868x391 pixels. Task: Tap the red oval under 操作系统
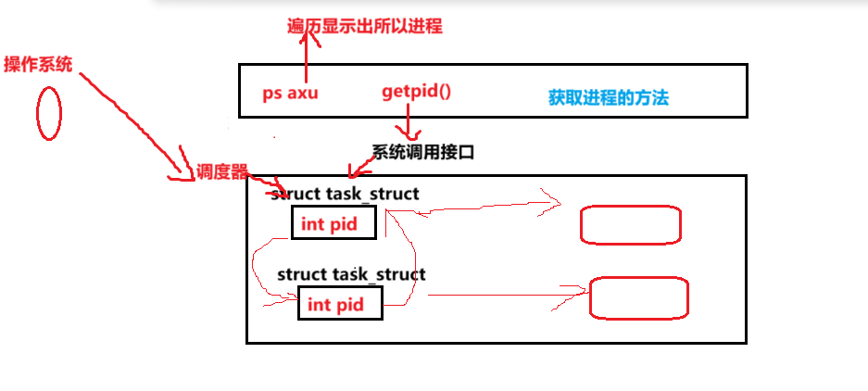tap(48, 115)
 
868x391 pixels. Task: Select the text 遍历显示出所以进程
tap(365, 26)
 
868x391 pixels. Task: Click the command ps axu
tap(290, 94)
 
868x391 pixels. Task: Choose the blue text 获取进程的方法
tap(608, 96)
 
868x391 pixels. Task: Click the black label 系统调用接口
tap(423, 152)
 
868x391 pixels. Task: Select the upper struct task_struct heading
tap(346, 194)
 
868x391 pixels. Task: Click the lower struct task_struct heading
tap(351, 274)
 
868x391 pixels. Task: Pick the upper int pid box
tap(333, 223)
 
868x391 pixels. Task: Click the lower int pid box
tap(340, 304)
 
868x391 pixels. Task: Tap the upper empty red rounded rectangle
tap(630, 225)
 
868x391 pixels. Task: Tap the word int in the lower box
tap(319, 304)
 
